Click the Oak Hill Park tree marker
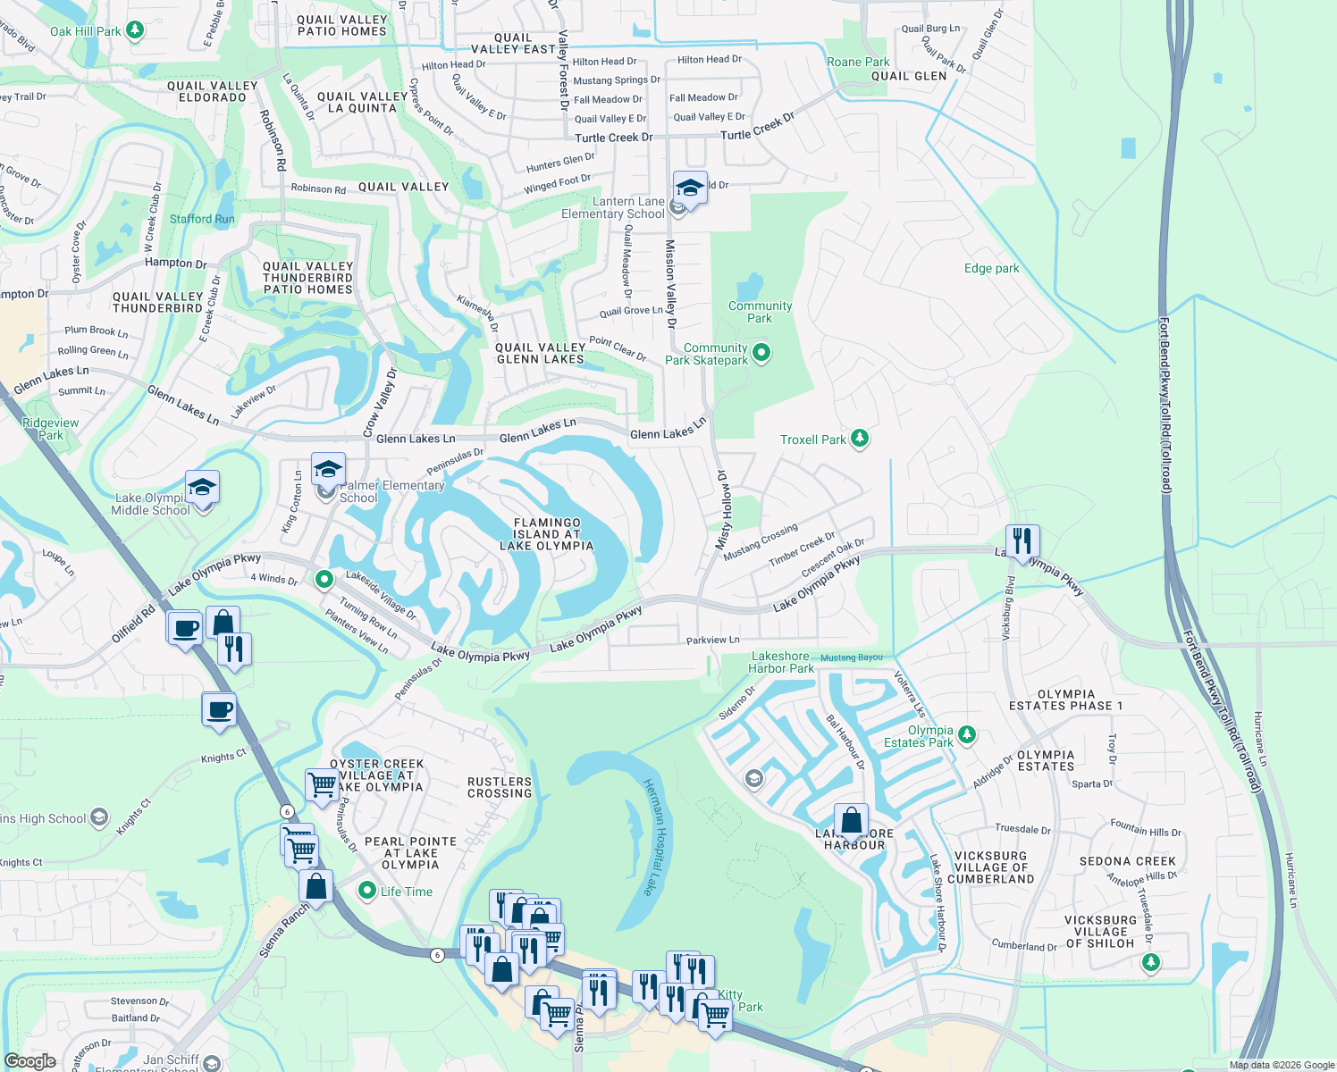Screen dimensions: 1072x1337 (x=135, y=30)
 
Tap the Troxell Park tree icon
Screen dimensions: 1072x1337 (x=860, y=439)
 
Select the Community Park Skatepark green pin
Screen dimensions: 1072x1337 (x=761, y=353)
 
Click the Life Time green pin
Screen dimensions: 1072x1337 (x=366, y=891)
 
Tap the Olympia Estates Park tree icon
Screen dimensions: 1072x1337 (x=966, y=735)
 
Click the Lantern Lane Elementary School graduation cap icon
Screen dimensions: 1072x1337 (x=690, y=188)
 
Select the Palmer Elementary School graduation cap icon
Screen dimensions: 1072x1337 (x=328, y=469)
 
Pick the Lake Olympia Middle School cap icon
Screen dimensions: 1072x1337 (x=202, y=487)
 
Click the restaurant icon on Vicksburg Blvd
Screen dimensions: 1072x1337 (x=1022, y=540)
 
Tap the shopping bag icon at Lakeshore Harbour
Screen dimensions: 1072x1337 (x=852, y=819)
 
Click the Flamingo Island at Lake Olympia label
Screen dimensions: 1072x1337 (x=547, y=534)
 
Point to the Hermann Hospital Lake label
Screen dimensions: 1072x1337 (x=655, y=836)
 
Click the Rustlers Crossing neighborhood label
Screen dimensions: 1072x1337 (x=500, y=787)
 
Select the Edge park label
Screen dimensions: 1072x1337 (x=991, y=268)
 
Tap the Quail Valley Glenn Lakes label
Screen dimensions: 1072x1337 (x=540, y=353)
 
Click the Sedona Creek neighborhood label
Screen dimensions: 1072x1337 (x=1127, y=861)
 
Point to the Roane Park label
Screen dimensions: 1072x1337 (x=858, y=62)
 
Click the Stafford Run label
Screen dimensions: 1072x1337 (x=202, y=219)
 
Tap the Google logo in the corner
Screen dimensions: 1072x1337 (x=29, y=1060)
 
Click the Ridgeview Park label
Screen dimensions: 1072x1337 (x=51, y=429)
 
